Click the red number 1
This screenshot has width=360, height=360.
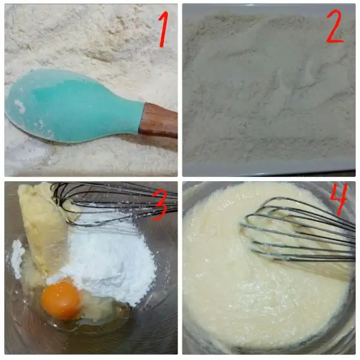click(x=163, y=29)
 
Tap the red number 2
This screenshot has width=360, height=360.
click(x=335, y=26)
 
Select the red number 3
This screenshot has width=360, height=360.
click(x=159, y=205)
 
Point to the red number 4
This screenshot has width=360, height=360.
click(x=338, y=199)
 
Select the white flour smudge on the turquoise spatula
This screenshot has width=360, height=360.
click(x=20, y=106)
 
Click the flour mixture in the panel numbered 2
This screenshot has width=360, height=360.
click(x=269, y=87)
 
